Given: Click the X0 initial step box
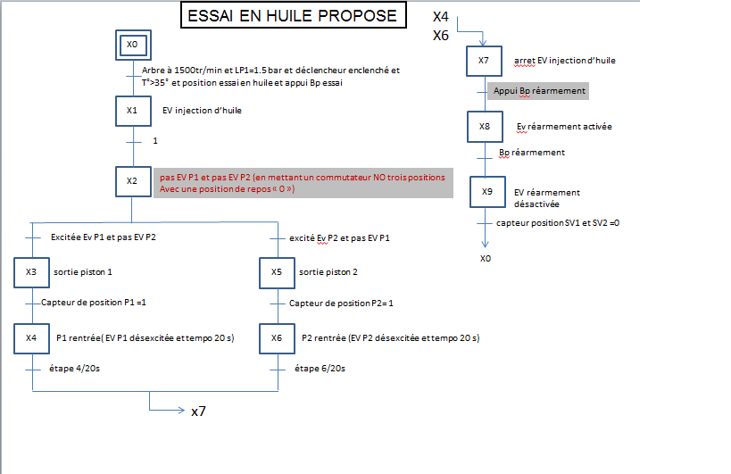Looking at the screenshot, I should (132, 44).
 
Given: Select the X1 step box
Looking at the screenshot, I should (132, 111).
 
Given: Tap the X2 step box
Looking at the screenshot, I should (132, 181).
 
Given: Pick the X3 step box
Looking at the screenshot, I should (31, 271).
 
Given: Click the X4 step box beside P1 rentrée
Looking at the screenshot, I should (31, 338).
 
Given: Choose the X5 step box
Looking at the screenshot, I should (277, 271).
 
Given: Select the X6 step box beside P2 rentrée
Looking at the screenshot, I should (277, 338).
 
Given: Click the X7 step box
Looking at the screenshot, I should (484, 61).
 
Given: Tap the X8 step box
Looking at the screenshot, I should (484, 127).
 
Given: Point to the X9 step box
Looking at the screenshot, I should (486, 192).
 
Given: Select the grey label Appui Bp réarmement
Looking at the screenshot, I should (539, 91).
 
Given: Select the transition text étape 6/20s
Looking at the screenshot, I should (320, 368).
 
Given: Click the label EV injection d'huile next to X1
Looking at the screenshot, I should (202, 111).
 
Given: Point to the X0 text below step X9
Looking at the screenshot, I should (485, 258).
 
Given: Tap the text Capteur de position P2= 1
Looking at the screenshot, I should (341, 304).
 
